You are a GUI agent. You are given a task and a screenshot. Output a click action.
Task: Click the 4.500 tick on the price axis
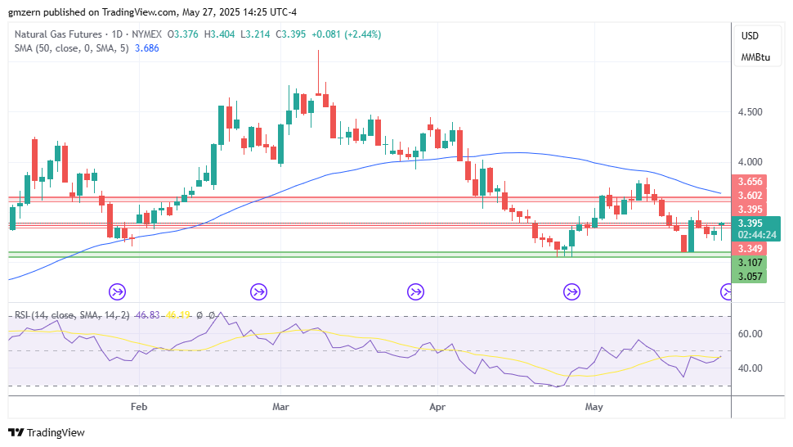[750, 112]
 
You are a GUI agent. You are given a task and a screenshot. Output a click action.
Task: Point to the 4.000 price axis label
[750, 163]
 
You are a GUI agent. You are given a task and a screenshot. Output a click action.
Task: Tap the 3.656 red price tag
[750, 182]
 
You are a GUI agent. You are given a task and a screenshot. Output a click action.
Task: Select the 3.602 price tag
[750, 196]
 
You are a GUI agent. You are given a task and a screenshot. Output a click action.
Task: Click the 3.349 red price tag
[750, 248]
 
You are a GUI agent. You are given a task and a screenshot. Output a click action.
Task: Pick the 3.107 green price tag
[750, 263]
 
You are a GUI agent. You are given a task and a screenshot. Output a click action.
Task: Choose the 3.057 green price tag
[750, 277]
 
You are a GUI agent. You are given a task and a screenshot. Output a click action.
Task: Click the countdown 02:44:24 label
[755, 234]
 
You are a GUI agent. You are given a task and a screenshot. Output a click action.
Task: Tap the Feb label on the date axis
[139, 405]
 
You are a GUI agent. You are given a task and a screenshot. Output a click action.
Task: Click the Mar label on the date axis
[281, 405]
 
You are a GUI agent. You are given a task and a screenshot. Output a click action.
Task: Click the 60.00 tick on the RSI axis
[750, 334]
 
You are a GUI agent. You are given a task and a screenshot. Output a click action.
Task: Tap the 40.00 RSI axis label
[750, 368]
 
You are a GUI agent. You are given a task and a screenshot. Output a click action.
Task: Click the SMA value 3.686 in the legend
[146, 48]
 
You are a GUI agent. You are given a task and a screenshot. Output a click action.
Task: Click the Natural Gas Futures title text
[58, 34]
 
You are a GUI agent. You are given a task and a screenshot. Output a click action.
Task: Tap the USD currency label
[750, 36]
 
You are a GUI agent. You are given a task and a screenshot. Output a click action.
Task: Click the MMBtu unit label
[755, 57]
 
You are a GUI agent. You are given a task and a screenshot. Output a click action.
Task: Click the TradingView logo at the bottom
[47, 432]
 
